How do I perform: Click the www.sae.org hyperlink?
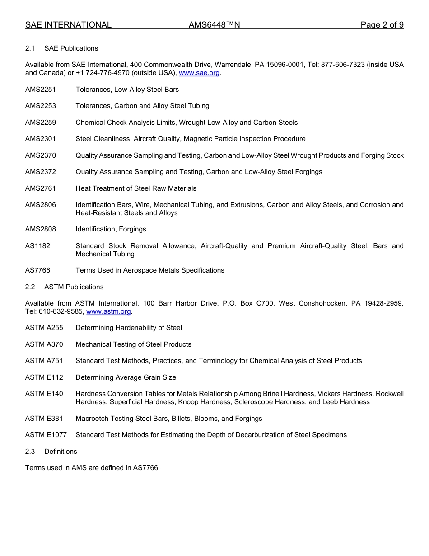point(200,73)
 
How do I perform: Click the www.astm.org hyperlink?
point(108,311)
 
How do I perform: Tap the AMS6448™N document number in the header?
point(214,25)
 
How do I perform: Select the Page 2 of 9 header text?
point(382,25)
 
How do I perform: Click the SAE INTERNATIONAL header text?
point(68,25)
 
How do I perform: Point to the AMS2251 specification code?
point(41,90)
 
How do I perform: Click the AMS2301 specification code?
point(41,139)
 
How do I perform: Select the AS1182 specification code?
point(37,246)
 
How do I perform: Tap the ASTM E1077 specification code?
point(46,435)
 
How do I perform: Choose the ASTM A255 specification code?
point(44,328)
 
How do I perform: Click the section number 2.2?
point(30,287)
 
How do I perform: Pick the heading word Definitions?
point(61,452)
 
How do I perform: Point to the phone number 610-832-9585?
point(61,311)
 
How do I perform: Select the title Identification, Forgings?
point(111,229)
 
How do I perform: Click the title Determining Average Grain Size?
point(126,377)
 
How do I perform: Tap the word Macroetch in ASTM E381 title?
point(91,419)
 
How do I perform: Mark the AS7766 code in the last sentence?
point(145,468)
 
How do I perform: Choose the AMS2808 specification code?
point(41,229)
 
